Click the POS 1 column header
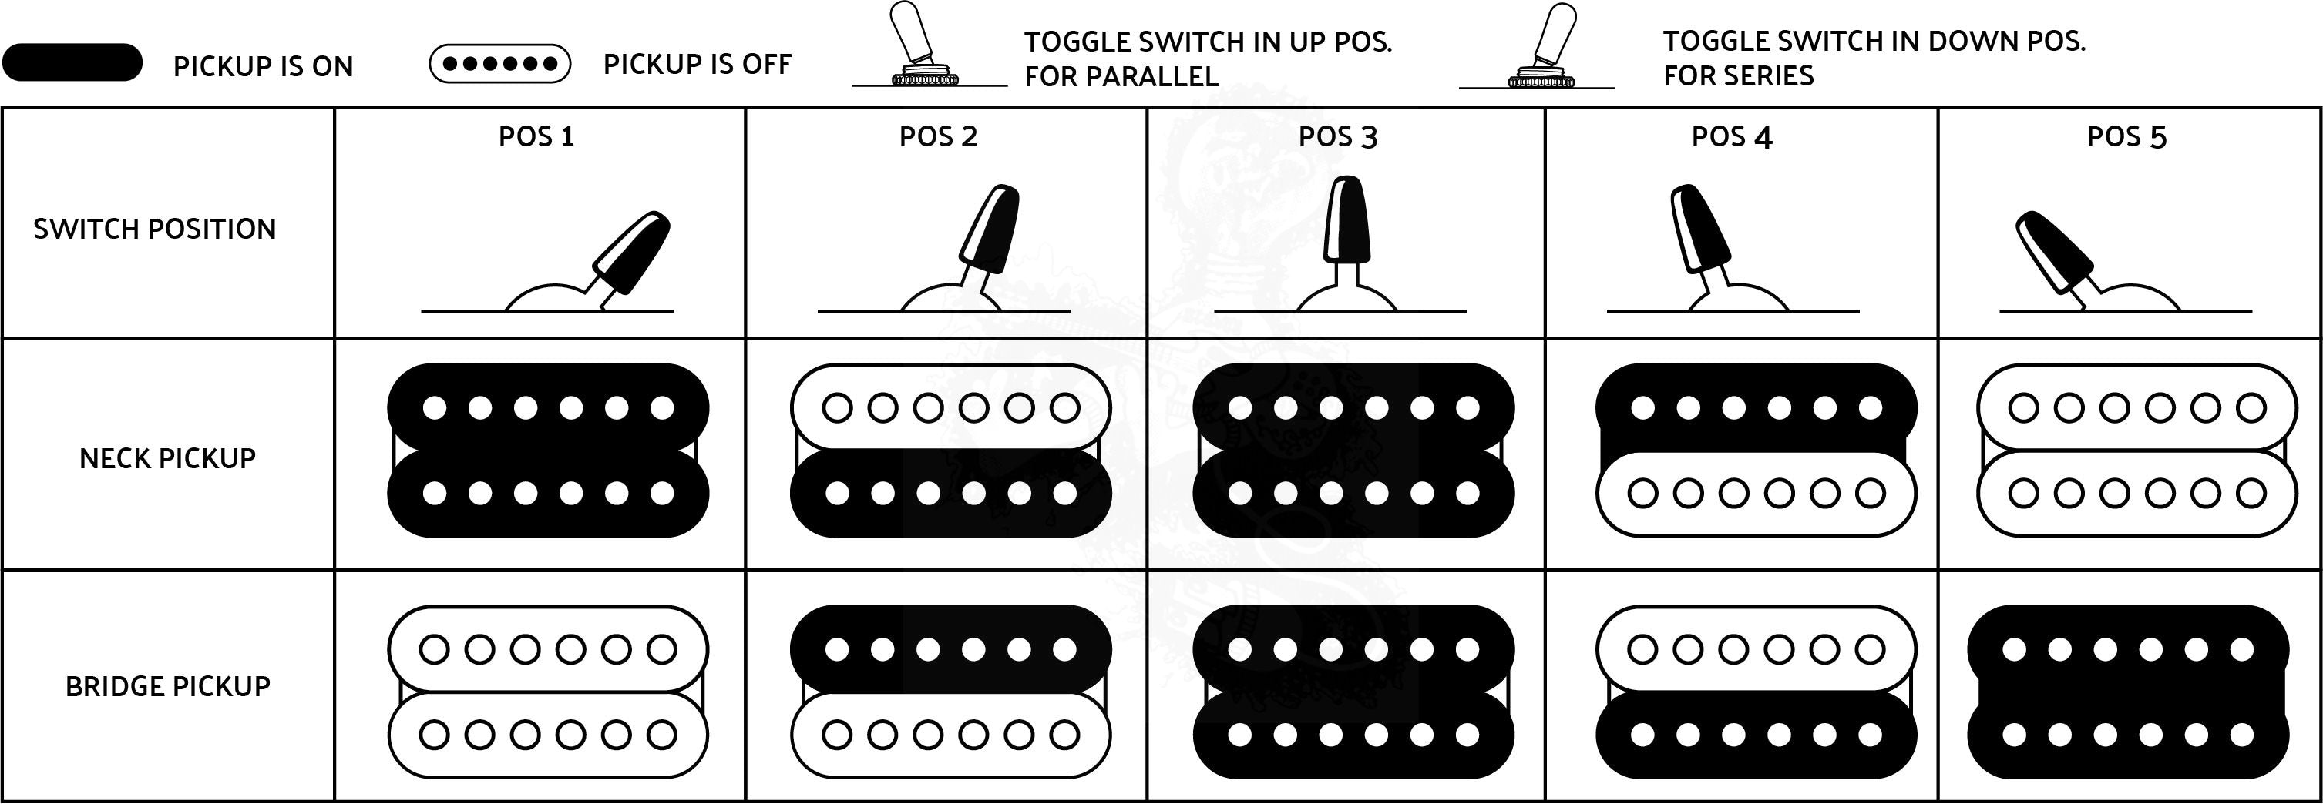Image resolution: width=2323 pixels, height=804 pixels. click(x=536, y=137)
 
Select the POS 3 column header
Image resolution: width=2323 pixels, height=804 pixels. click(x=1337, y=137)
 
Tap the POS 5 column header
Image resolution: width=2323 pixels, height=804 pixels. click(x=2126, y=137)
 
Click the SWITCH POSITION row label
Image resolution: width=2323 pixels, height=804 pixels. click(x=155, y=229)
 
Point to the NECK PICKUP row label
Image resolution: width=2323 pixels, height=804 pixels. click(x=168, y=459)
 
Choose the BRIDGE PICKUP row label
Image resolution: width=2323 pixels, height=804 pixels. click(x=168, y=687)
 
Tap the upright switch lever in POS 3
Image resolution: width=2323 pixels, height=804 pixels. click(x=1346, y=221)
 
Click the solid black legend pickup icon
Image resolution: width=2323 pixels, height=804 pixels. click(x=72, y=63)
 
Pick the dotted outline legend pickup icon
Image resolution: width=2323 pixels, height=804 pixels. click(x=499, y=64)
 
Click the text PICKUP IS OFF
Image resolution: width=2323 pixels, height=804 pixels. click(x=697, y=65)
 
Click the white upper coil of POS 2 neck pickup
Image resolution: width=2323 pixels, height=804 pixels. click(x=950, y=407)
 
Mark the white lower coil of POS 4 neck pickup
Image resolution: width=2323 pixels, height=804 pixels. click(x=1756, y=493)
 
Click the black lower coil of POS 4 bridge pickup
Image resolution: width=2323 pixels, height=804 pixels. click(x=1756, y=735)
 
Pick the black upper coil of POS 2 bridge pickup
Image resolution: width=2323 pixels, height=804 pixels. click(x=950, y=649)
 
